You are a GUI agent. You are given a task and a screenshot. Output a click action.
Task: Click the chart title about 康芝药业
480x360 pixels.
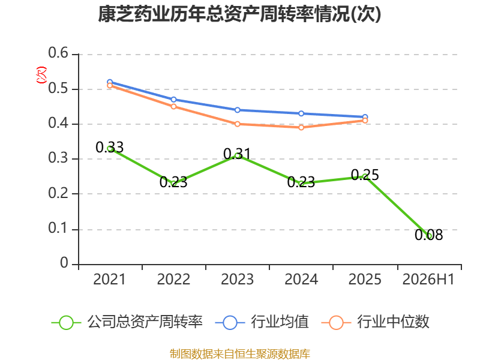coord(239,14)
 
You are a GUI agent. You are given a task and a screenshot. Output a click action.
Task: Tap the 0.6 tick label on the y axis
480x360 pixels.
coord(58,53)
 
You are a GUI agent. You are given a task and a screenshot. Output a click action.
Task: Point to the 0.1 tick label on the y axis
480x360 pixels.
coord(58,228)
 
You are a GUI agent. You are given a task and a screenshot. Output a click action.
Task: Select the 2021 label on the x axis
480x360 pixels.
coord(109,279)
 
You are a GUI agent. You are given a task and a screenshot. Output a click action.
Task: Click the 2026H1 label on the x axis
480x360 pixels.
coord(428,279)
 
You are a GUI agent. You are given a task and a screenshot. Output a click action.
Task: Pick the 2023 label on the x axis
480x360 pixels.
coord(237,279)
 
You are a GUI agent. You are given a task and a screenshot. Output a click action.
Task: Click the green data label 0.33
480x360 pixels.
coord(110,147)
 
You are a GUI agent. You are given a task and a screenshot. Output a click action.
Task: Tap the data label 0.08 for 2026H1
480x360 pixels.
coord(428,235)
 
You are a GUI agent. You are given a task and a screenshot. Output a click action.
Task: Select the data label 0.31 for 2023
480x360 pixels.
coord(237,154)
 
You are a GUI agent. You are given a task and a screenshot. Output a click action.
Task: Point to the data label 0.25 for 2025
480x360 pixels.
coord(365,175)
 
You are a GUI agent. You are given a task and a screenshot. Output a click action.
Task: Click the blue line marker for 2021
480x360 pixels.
coord(110,82)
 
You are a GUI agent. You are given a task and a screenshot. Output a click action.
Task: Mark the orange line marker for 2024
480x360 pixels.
coord(301,127)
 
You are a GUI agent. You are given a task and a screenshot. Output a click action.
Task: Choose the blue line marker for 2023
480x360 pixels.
coord(237,110)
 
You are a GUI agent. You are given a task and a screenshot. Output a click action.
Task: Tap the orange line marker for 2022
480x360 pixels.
coord(173,107)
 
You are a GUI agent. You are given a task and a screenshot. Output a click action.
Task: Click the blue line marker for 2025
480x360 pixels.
coord(365,117)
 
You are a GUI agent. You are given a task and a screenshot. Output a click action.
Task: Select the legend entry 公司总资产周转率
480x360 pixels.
coord(127,322)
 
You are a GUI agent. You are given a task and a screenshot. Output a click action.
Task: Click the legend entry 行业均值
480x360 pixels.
coord(262,322)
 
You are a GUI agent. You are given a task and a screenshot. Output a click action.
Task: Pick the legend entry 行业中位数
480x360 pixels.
coord(376,322)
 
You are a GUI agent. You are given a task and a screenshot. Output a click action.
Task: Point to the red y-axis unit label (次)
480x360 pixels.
coord(41,75)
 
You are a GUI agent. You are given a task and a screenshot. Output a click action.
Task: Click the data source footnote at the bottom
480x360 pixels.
coord(240,354)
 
